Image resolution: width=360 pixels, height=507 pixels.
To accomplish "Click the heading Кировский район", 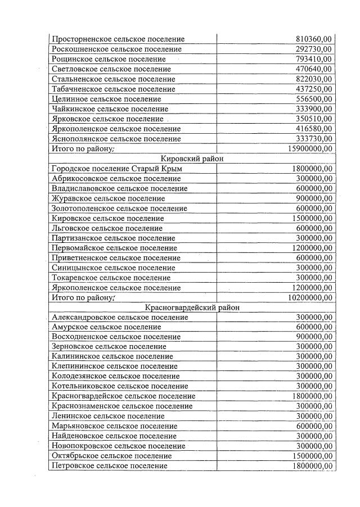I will point(192,159).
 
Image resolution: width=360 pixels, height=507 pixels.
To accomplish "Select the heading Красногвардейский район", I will point(192,307).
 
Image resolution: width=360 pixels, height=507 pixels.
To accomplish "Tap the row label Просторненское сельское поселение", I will point(118,39).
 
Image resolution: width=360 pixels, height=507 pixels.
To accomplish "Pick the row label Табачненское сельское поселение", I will point(113,89).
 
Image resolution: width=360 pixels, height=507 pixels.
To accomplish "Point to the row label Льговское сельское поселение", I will point(107,228).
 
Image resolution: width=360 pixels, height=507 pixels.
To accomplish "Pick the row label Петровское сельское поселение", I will point(109,466).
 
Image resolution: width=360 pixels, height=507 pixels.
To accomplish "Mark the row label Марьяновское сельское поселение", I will point(114,426).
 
